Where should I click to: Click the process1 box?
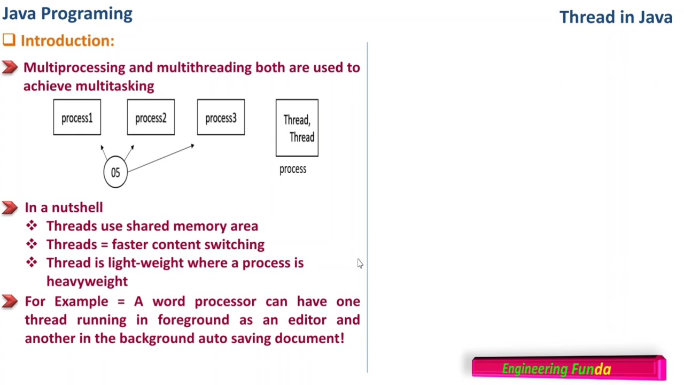[x=77, y=117]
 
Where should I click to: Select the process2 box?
[x=151, y=117]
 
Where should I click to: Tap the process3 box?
[x=221, y=117]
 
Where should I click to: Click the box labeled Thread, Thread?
[x=297, y=128]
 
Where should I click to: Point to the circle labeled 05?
[x=115, y=172]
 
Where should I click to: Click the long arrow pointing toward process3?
[x=160, y=158]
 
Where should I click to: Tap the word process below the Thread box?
[x=293, y=169]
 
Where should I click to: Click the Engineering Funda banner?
[x=569, y=368]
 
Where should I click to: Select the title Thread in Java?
[x=616, y=17]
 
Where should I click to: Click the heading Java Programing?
[x=67, y=13]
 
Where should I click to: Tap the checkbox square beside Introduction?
[x=9, y=40]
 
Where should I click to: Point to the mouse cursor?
[x=360, y=263]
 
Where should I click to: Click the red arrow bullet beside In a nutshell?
[x=10, y=207]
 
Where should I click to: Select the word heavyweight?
[x=87, y=281]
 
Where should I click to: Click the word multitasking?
[x=115, y=86]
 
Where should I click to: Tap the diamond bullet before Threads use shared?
[x=32, y=226]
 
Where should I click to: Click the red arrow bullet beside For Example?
[x=10, y=302]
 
